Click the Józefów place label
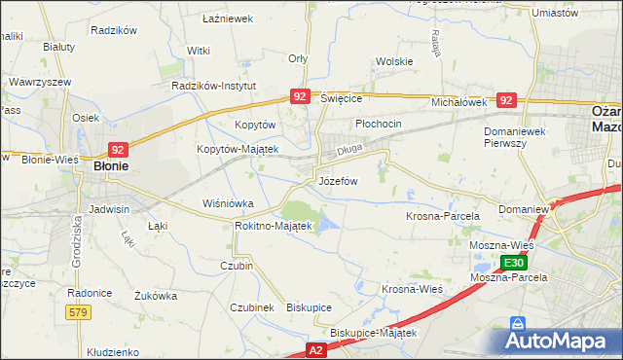pos(338,182)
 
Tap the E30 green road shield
pos(515,263)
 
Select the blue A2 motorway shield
pos(315,348)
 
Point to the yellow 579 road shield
pos(79,311)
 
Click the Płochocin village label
pos(378,126)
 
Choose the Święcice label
pos(341,99)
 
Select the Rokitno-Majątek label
pos(273,226)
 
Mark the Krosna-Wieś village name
pos(413,289)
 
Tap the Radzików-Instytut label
pos(213,86)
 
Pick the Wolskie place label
pos(394,61)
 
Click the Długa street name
pos(348,152)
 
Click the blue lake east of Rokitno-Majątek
pos(329,226)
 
